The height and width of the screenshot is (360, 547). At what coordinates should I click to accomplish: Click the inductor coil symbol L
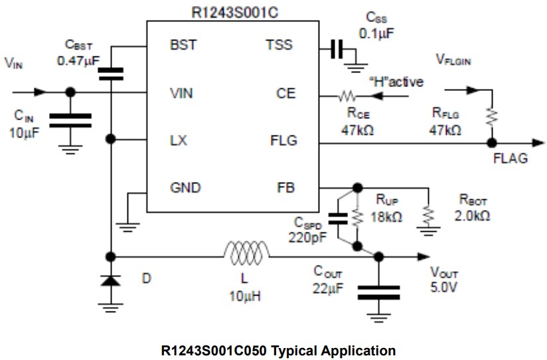coord(247,256)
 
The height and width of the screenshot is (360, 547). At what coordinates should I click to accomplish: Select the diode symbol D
coord(111,280)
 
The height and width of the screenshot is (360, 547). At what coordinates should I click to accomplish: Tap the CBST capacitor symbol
coord(111,73)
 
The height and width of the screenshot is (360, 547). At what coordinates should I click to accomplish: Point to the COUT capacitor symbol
coord(378,292)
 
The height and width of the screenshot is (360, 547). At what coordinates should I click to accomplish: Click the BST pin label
coord(183,46)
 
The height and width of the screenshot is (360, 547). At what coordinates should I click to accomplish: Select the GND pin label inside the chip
coord(185,188)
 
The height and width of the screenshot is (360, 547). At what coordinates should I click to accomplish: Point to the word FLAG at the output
coord(510,159)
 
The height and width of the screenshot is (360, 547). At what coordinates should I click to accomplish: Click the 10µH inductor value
coord(243,296)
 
